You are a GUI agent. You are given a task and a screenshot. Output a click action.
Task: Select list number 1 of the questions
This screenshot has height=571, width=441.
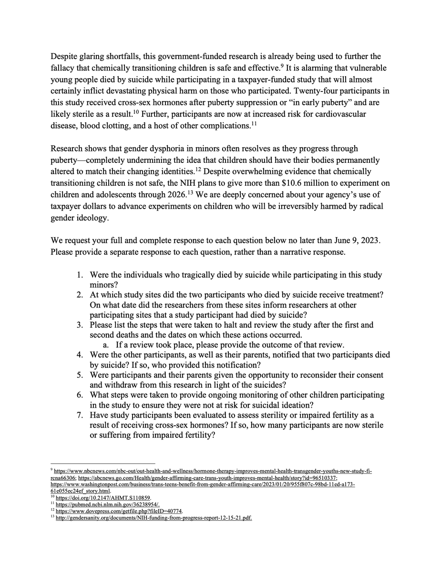(81, 275)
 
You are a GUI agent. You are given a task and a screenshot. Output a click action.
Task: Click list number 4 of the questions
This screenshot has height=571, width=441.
(81, 355)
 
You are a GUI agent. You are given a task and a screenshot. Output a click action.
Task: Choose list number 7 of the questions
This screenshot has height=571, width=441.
(81, 415)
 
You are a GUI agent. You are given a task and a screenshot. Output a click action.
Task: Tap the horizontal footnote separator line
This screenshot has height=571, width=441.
(103, 463)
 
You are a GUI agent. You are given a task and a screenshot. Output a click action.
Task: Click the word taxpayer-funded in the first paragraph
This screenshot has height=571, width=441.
(248, 79)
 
